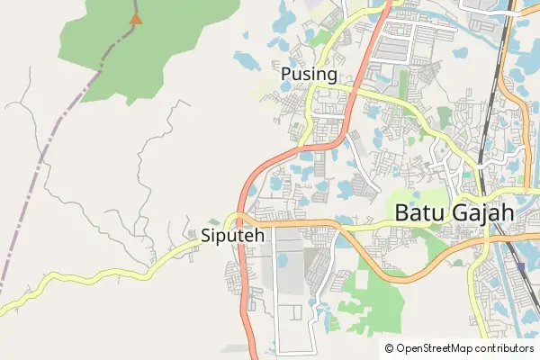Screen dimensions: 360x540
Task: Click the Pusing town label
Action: click(x=309, y=74)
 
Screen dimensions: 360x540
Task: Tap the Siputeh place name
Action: click(x=232, y=237)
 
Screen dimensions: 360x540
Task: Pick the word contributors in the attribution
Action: click(x=504, y=348)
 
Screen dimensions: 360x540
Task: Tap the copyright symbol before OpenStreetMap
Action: click(x=390, y=348)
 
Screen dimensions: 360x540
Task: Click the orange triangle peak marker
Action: click(x=136, y=18)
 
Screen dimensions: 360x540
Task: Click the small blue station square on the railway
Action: click(x=521, y=266)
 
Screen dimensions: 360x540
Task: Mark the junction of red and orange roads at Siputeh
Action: click(x=239, y=218)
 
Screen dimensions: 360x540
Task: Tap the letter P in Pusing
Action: click(x=286, y=74)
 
